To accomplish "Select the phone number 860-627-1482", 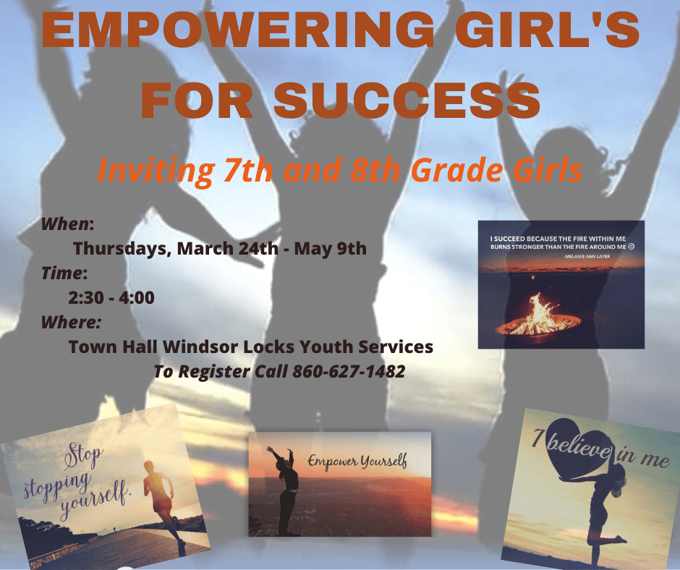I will click(349, 372).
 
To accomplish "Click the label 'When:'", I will click(67, 224).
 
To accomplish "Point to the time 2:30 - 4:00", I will click(111, 297).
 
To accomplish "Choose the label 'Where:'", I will click(71, 322).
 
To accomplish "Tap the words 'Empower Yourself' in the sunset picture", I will click(357, 461).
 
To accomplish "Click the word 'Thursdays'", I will click(119, 249).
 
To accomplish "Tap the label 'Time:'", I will click(64, 273).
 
